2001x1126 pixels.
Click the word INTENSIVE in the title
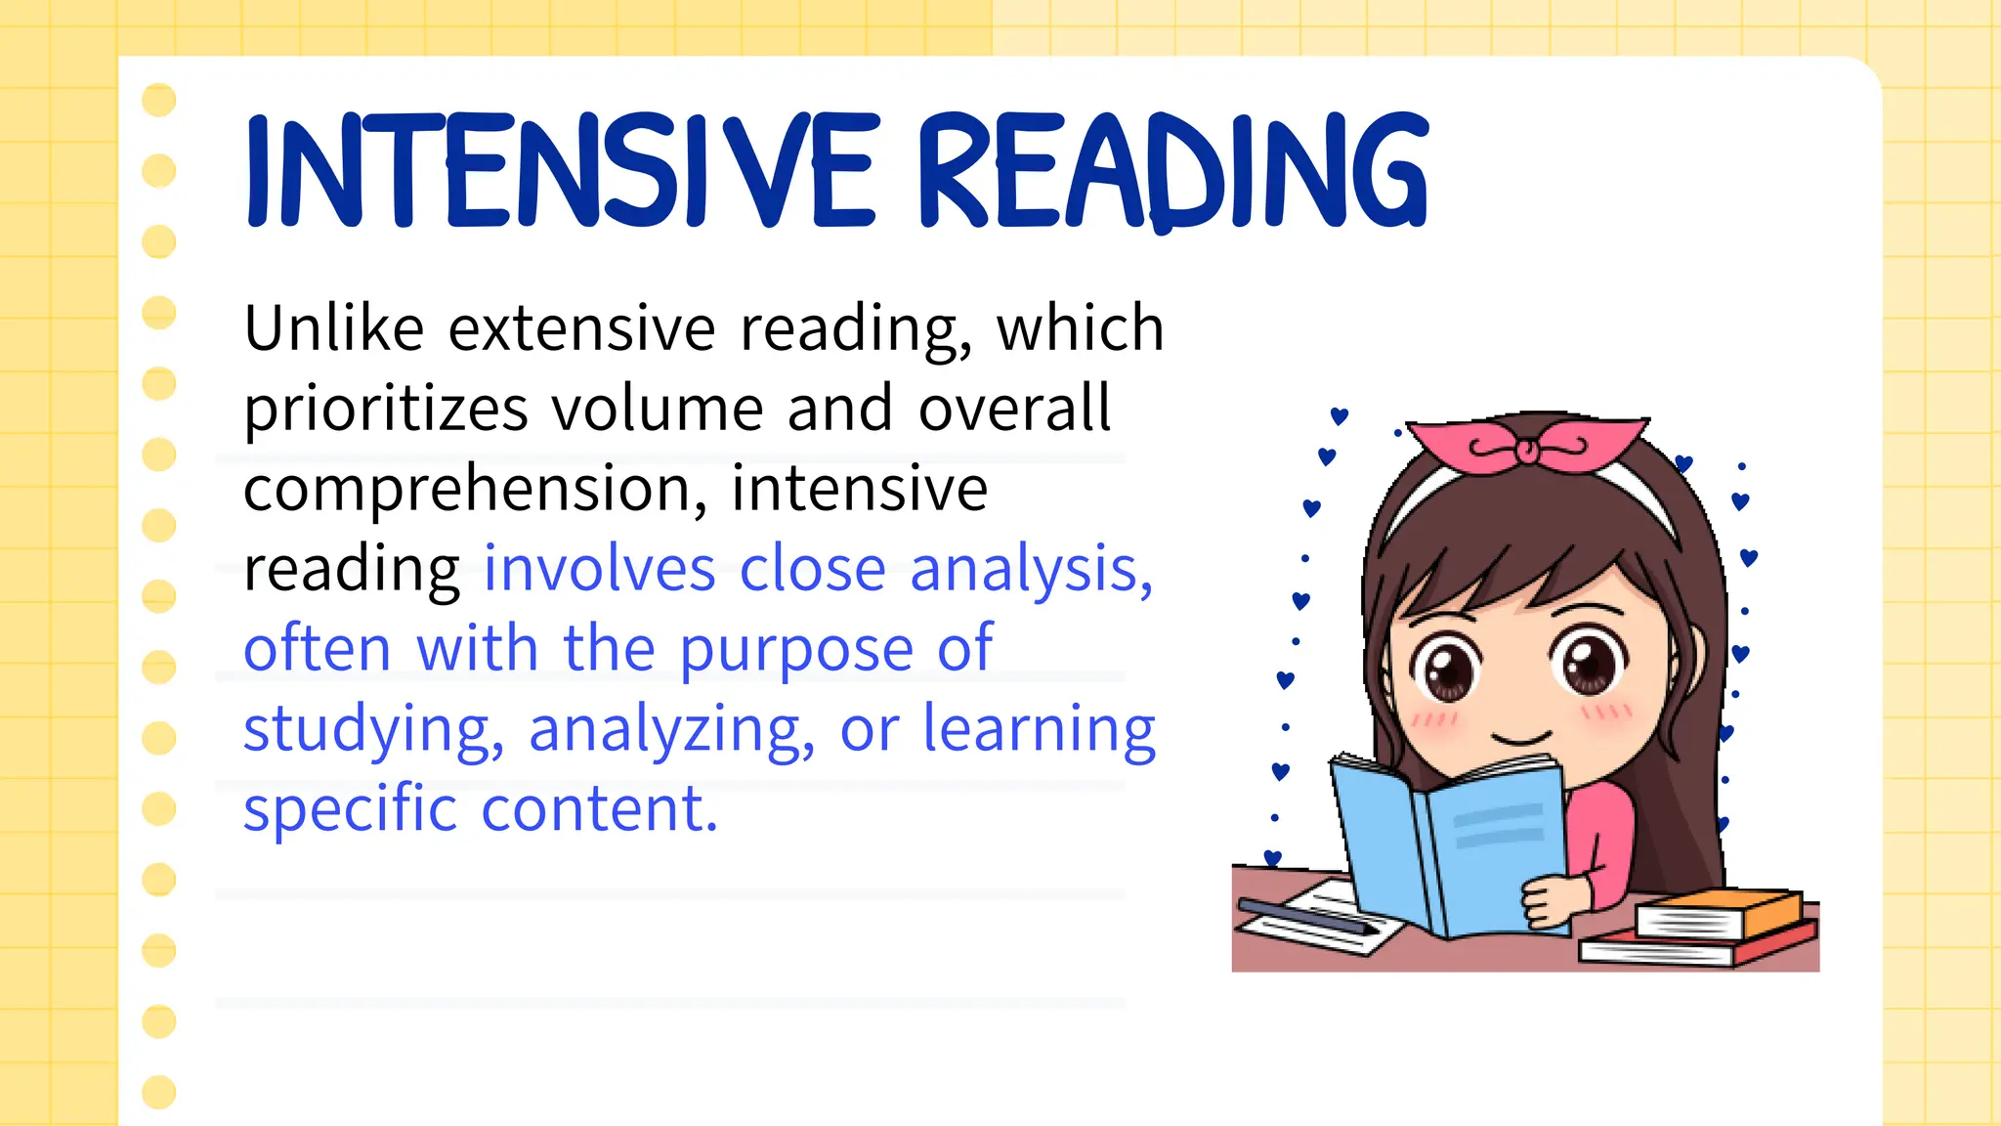coord(562,172)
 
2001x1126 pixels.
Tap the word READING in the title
coord(1172,172)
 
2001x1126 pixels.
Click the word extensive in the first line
coord(582,328)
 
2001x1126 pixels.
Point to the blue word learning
coord(1039,731)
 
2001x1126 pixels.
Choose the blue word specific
coord(350,809)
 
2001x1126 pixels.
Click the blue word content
coord(599,809)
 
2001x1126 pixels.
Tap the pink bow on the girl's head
coord(1524,446)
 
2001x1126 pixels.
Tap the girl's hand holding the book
coord(1554,899)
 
